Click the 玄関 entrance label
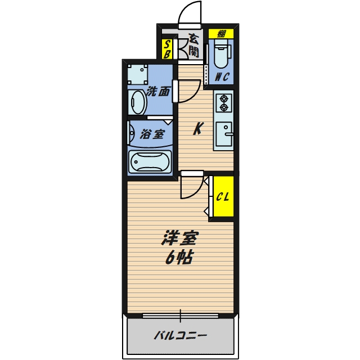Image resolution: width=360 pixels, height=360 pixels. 193,46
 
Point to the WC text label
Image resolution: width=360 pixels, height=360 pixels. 222,78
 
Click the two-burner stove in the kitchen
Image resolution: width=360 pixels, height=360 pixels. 223,102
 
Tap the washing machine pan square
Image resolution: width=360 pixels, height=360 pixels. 138,74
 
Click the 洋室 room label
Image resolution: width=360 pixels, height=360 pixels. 179,239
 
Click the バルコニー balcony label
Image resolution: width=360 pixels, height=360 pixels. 181,336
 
